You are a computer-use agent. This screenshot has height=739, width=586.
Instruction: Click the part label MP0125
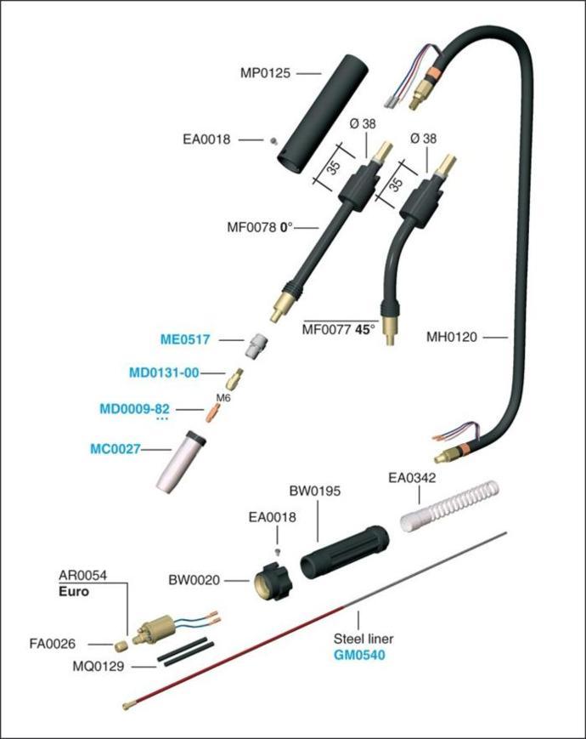pos(265,73)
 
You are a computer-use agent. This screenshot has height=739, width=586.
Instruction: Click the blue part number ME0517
pos(185,339)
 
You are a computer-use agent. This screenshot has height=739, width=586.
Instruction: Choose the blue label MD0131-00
pos(164,372)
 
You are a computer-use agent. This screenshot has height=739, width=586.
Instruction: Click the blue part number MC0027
pos(116,448)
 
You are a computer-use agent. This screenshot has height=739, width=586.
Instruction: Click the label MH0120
pos(453,338)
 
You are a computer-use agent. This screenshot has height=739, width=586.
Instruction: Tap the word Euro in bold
pos(76,590)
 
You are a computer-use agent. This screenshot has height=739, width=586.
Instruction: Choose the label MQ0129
pos(100,667)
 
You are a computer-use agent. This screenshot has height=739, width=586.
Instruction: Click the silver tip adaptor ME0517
pos(253,345)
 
